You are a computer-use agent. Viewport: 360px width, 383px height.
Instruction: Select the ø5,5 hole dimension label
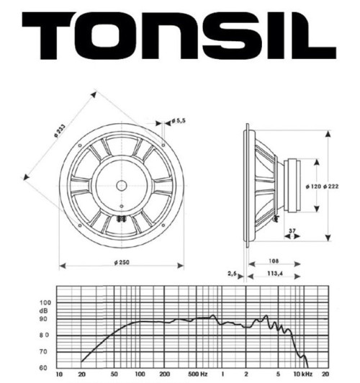coord(179,122)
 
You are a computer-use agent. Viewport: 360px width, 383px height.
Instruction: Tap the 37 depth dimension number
coord(292,231)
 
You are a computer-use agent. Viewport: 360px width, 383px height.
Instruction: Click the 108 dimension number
coord(274,262)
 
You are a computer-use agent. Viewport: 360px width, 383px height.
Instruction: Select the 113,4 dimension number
coord(275,274)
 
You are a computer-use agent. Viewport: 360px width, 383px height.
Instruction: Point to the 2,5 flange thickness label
coord(231,274)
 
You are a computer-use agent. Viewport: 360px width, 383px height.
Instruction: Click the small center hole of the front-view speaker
coord(121,186)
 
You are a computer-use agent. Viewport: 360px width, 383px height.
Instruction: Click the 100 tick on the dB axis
coord(44,302)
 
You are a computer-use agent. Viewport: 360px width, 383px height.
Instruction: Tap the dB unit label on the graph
coord(43,310)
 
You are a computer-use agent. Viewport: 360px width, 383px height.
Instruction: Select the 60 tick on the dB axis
coord(44,368)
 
